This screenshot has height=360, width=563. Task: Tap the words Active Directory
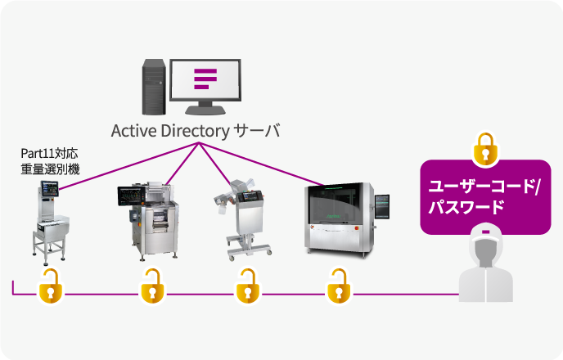click(x=169, y=131)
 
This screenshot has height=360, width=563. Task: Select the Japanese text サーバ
click(x=257, y=131)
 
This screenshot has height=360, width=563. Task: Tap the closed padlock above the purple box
click(x=485, y=147)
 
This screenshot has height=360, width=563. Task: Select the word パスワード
click(x=470, y=209)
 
